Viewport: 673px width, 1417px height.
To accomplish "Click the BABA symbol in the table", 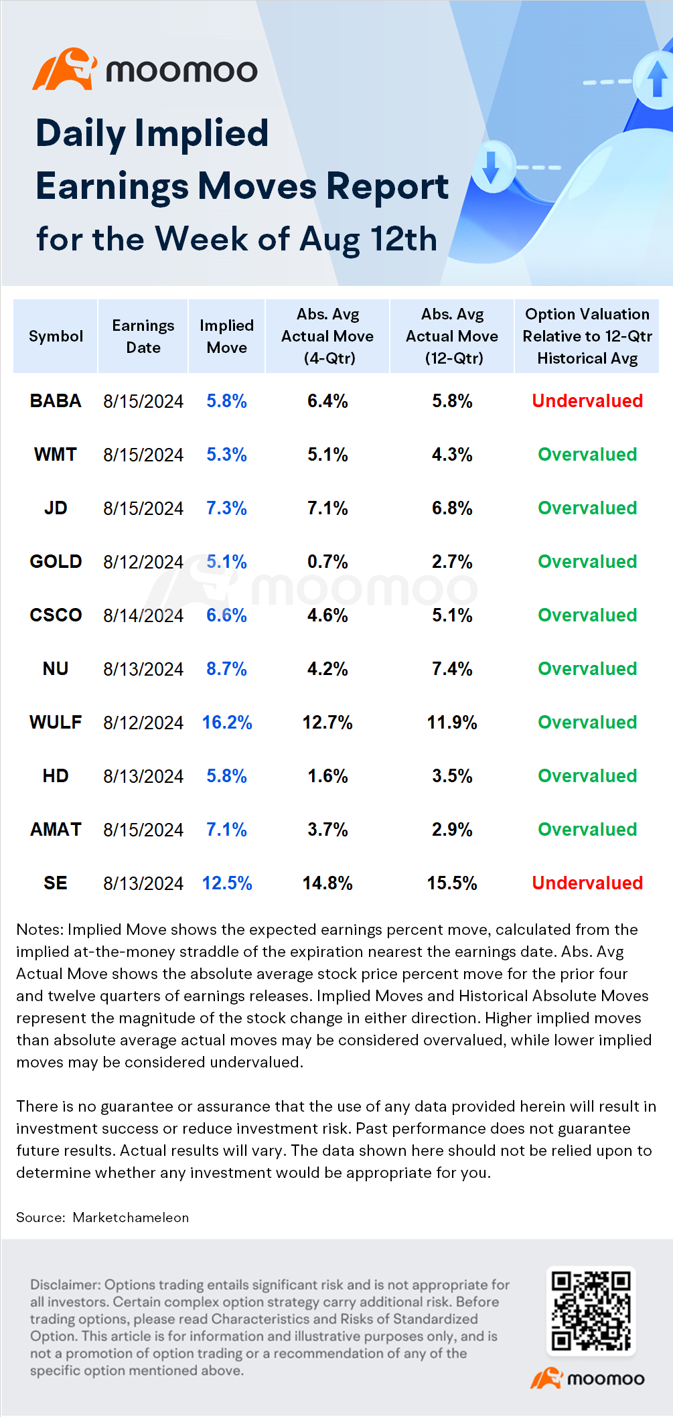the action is coord(56,400).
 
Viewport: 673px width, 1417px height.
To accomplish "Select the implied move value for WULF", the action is coord(227,722).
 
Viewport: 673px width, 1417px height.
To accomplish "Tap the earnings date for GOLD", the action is coord(143,562).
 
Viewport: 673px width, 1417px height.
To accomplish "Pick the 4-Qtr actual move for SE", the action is coord(327,883).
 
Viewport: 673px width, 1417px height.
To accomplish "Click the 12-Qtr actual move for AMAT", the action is coord(452,829).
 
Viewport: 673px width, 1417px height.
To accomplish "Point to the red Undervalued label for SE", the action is coord(587,883).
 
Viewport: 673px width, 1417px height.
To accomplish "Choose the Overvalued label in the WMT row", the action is coord(587,454).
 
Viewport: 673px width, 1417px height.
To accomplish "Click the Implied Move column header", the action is coord(227,336).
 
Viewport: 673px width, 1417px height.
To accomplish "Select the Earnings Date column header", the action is coord(143,336).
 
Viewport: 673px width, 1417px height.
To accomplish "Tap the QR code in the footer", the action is coord(591,1311).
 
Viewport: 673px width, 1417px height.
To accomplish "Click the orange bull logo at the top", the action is coord(64,69).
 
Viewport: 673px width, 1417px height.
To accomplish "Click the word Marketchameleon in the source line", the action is coord(131,1217).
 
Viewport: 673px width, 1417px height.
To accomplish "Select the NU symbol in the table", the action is coord(56,668).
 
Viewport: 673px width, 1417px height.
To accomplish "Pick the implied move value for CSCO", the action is coord(227,615).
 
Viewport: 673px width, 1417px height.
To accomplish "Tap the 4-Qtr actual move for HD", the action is coord(327,775).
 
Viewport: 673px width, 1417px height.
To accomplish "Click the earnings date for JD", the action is coord(143,508).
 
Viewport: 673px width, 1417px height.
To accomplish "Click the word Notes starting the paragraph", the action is coord(40,929).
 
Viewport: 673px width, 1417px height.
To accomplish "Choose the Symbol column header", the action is coord(56,336).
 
